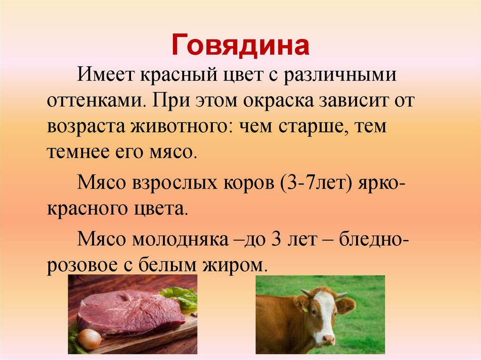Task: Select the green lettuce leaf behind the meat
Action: pos(181,297)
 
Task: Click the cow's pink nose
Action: pos(328,339)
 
